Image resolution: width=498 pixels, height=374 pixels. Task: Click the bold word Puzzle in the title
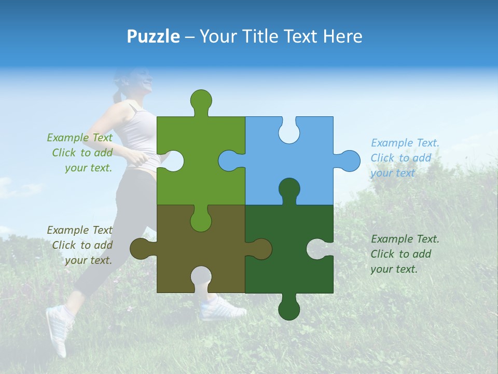pyautogui.click(x=153, y=36)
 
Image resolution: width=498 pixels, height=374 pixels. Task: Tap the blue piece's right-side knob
pyautogui.click(x=348, y=161)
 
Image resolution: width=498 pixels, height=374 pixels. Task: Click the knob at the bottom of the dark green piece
pyautogui.click(x=289, y=308)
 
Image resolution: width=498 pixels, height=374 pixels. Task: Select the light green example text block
pyautogui.click(x=80, y=153)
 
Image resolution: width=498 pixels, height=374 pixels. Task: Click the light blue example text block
pyautogui.click(x=405, y=158)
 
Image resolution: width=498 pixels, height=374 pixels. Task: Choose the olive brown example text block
pyautogui.click(x=80, y=245)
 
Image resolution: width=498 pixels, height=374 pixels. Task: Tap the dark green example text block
pyautogui.click(x=405, y=254)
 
